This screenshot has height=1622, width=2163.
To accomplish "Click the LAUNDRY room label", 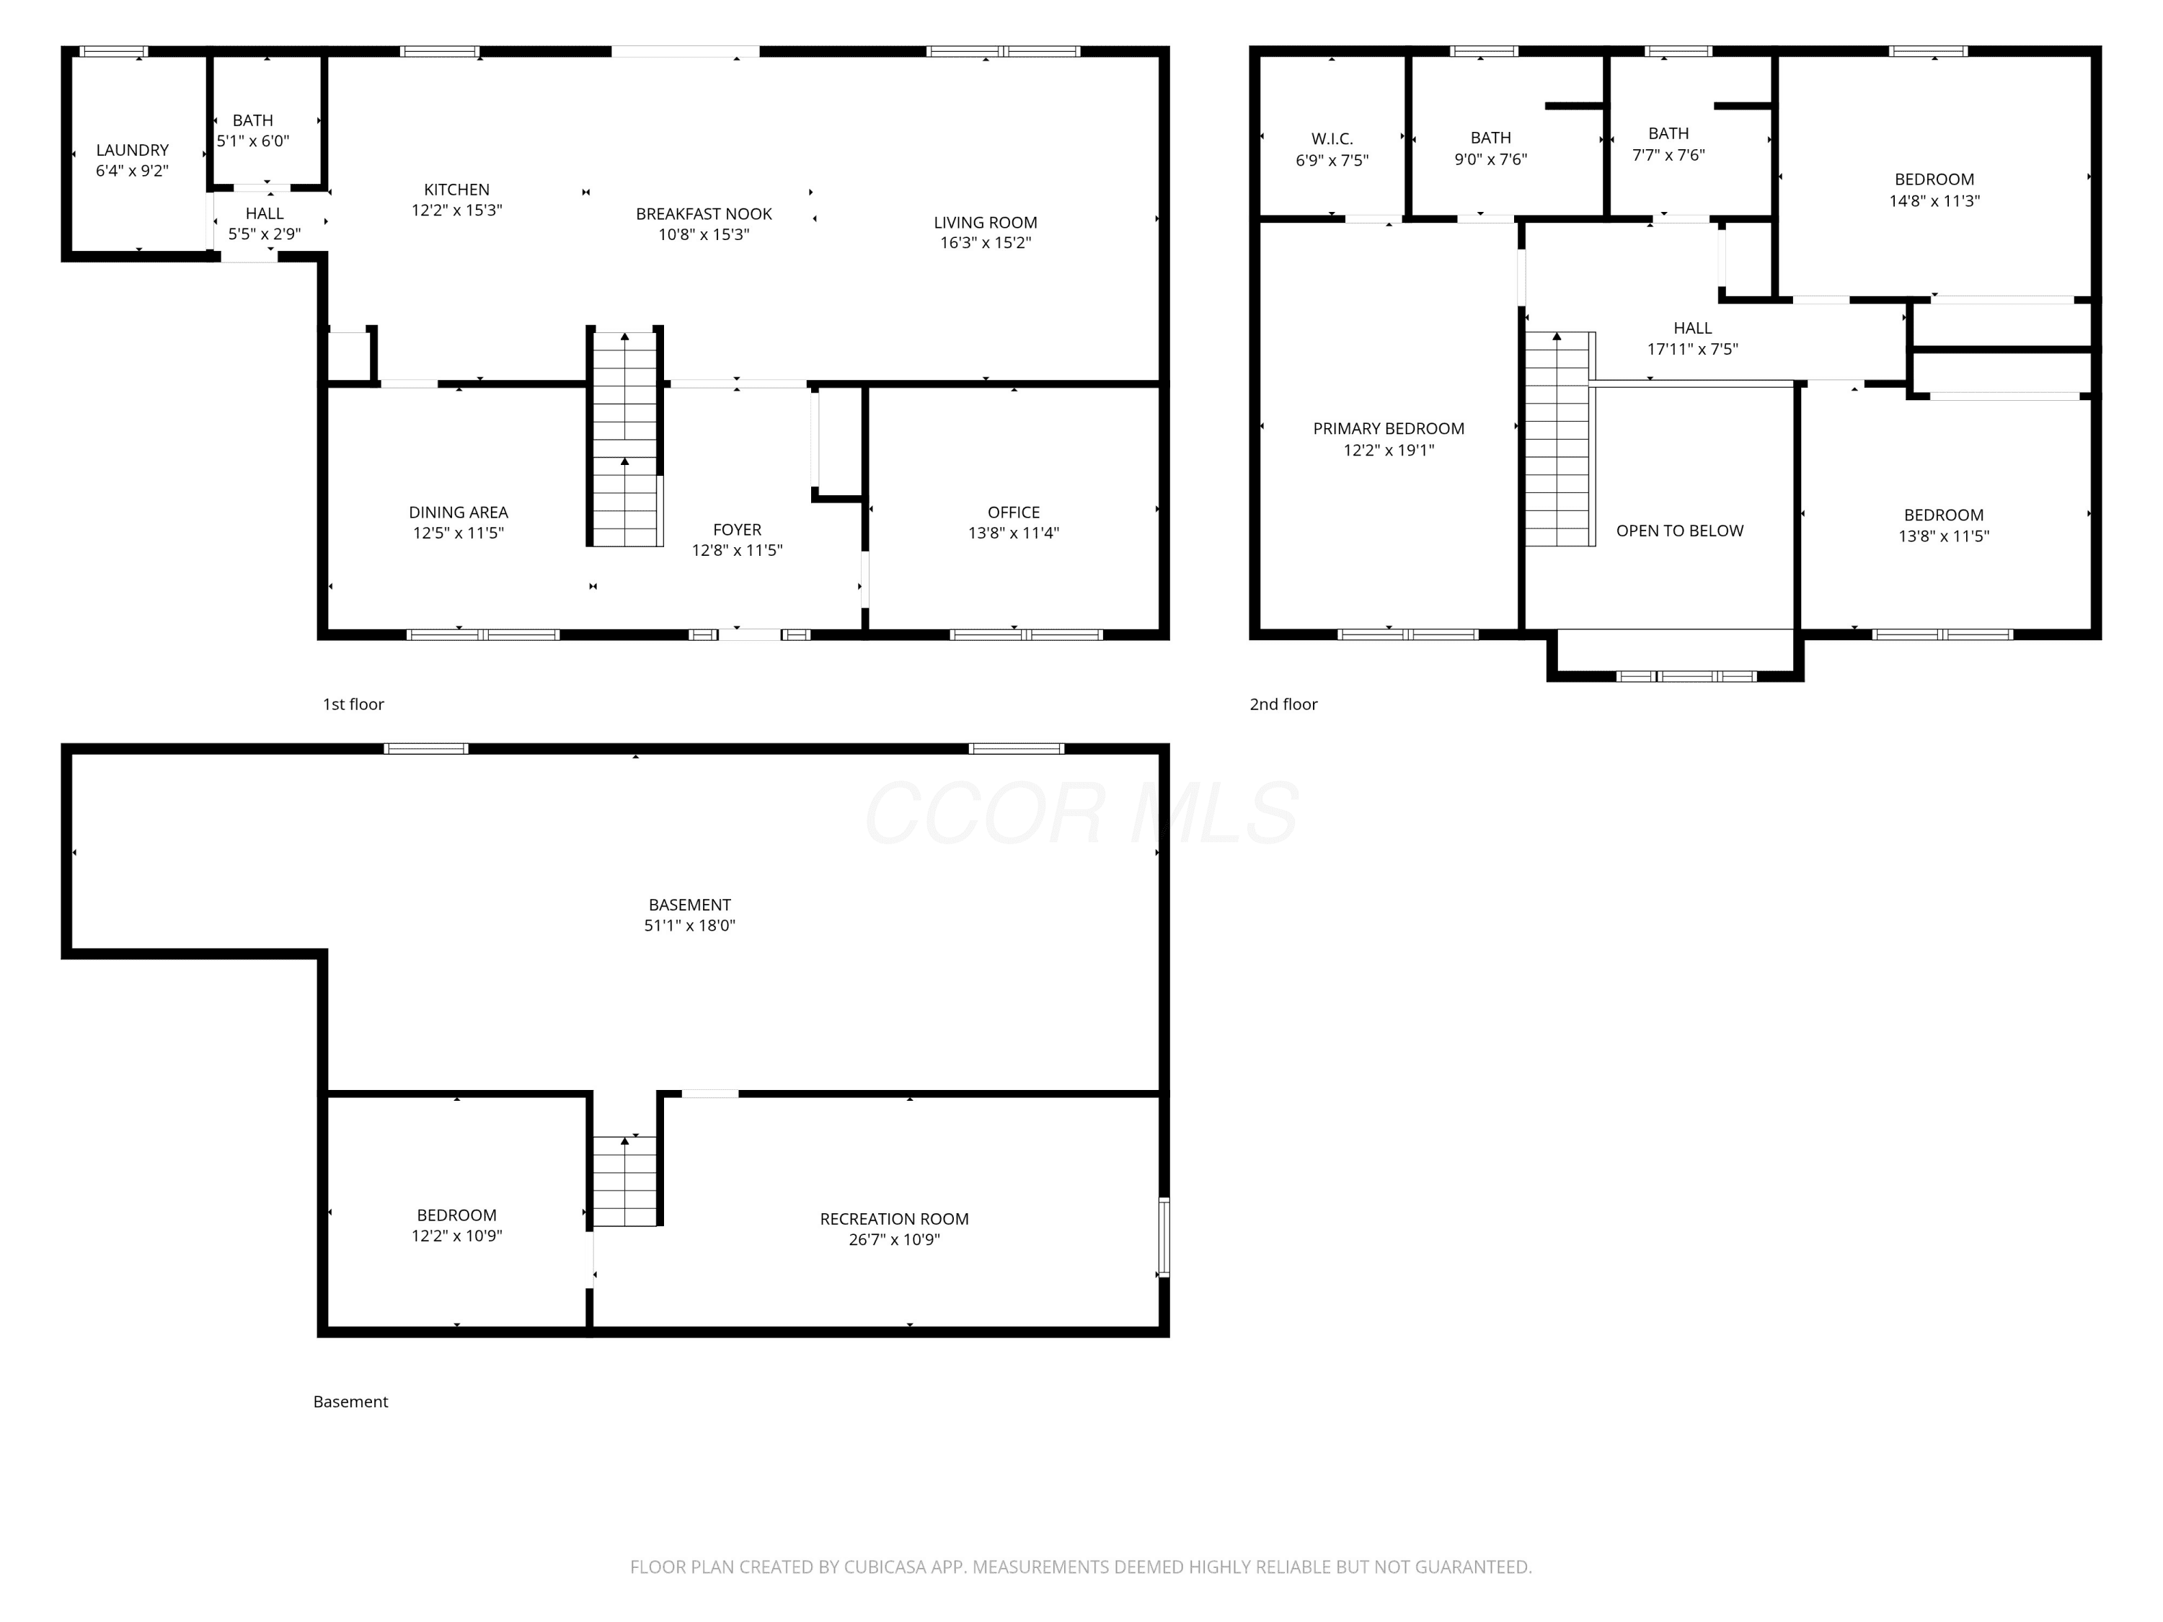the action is click(x=132, y=150).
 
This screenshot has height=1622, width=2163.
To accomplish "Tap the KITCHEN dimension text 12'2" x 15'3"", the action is click(x=456, y=210).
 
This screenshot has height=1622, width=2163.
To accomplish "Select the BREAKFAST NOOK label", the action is click(x=704, y=214).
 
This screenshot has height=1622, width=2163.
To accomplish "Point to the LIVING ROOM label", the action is click(x=986, y=223).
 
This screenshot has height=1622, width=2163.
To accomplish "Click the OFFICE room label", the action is click(x=1014, y=513).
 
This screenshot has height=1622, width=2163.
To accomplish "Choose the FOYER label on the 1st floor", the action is click(x=738, y=530).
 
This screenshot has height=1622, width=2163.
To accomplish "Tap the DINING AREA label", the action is click(x=459, y=513).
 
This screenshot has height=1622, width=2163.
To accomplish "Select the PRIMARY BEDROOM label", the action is click(x=1389, y=428).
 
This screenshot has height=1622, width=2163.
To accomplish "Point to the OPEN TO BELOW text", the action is click(x=1680, y=531).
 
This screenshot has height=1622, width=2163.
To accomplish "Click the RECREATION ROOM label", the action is click(x=895, y=1219).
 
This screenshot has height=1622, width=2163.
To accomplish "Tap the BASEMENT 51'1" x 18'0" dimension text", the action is click(x=689, y=926).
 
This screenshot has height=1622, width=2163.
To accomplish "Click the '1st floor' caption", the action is click(x=353, y=704).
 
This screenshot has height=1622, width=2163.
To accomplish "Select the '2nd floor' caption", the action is click(x=1284, y=704).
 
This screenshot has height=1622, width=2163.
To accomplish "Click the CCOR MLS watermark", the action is click(x=1081, y=813).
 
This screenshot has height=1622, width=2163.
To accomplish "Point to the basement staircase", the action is click(x=625, y=1181).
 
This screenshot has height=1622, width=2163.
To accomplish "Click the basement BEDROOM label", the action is click(x=456, y=1215).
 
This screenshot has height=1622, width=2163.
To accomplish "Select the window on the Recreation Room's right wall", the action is click(x=1164, y=1237).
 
